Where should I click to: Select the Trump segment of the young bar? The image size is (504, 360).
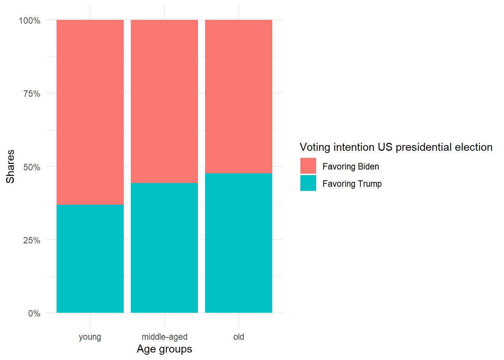90,258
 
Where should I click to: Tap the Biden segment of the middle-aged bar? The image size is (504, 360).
164,101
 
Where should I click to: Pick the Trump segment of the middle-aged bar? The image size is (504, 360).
164,247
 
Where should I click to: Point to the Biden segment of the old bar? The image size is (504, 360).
238,96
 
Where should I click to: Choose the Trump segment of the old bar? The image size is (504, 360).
238,243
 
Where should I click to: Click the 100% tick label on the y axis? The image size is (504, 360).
30,21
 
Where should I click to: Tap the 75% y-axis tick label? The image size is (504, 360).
32,94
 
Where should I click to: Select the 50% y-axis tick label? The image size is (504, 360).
32,167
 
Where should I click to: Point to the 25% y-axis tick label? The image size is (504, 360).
32,240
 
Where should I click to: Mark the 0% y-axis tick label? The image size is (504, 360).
34,313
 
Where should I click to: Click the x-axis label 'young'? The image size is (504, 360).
90,337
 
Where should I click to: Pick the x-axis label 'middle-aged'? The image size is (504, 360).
164,337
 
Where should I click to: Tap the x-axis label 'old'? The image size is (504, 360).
238,337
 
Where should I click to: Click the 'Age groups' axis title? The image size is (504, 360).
164,349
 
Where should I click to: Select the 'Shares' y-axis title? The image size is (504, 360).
10,166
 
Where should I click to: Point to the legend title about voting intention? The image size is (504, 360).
396,147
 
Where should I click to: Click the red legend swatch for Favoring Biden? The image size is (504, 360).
308,166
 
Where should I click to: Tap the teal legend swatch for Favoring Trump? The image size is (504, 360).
308,183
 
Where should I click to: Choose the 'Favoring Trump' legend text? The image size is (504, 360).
352,184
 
